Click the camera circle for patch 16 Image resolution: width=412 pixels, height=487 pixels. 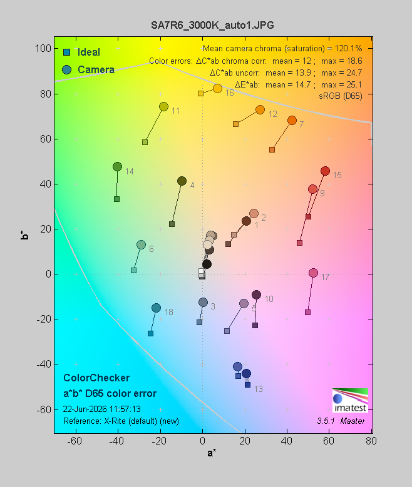[x=217, y=89]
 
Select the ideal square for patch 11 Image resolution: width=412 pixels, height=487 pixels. [x=145, y=143]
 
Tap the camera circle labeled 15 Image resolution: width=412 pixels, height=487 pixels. [x=325, y=171]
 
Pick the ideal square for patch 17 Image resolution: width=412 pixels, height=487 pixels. [x=308, y=312]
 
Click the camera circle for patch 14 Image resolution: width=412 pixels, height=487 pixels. [x=117, y=166]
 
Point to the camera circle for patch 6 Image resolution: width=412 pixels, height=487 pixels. [x=142, y=244]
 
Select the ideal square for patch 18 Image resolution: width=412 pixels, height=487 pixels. [x=151, y=334]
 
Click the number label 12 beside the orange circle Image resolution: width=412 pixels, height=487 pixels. [x=273, y=114]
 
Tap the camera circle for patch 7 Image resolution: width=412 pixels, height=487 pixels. [x=292, y=120]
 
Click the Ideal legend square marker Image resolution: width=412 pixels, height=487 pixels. [x=66, y=52]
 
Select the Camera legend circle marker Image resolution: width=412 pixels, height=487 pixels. [x=66, y=69]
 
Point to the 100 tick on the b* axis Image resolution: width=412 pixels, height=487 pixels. [x=43, y=49]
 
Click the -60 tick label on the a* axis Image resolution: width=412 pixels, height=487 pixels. [x=75, y=441]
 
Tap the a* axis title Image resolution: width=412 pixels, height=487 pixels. [x=212, y=453]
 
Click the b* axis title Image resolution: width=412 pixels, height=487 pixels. [x=24, y=235]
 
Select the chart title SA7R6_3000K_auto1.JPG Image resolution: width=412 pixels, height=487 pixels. [x=212, y=25]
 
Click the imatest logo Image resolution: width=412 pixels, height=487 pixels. [x=351, y=400]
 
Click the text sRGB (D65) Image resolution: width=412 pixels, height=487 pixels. [x=341, y=96]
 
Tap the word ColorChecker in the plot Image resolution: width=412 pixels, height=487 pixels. [x=96, y=378]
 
